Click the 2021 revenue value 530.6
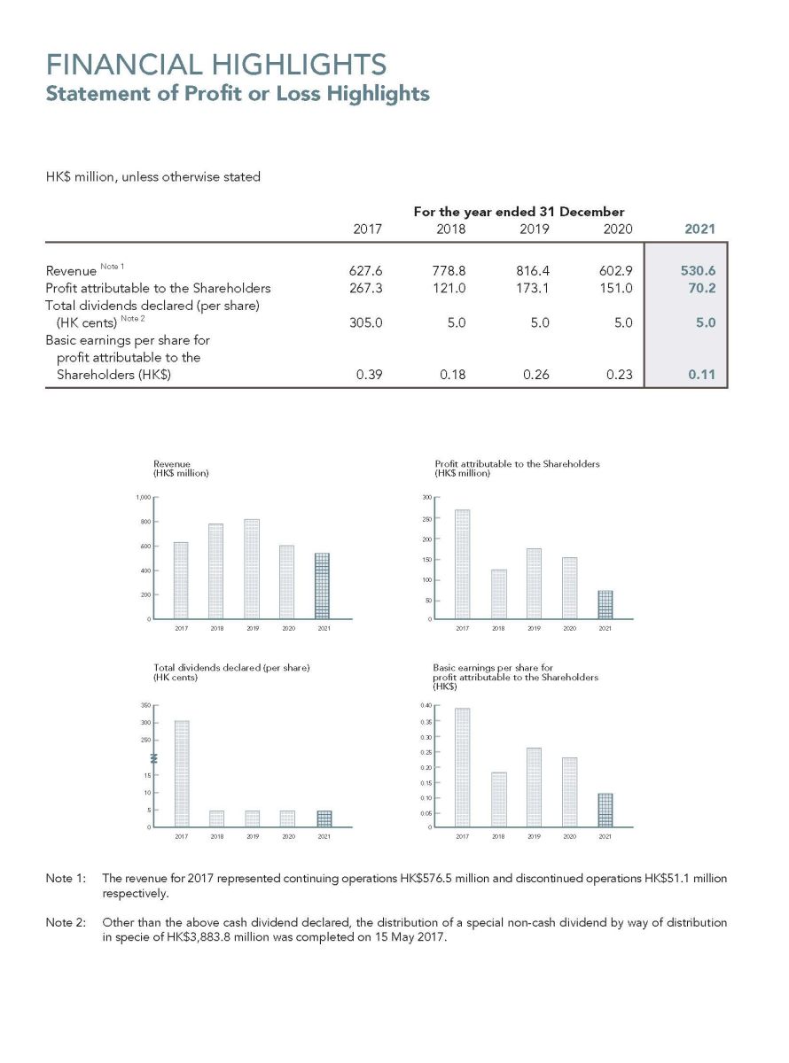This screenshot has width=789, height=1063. [698, 270]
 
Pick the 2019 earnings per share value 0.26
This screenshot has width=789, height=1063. [536, 375]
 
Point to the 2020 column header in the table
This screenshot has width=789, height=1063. [617, 229]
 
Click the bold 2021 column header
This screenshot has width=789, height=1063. [699, 229]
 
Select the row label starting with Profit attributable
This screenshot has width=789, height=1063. [158, 288]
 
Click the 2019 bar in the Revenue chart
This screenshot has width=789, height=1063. [252, 569]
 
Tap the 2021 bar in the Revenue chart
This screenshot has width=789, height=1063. [323, 586]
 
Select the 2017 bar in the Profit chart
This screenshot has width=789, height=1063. [462, 563]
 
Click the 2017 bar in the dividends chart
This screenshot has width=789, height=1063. [182, 773]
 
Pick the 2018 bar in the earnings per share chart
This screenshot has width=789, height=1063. [498, 799]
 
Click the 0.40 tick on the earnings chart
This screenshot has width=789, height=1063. [426, 705]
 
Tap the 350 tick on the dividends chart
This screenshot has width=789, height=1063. [145, 705]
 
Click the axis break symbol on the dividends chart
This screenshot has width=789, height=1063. [154, 757]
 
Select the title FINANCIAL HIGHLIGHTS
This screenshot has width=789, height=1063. [216, 65]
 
